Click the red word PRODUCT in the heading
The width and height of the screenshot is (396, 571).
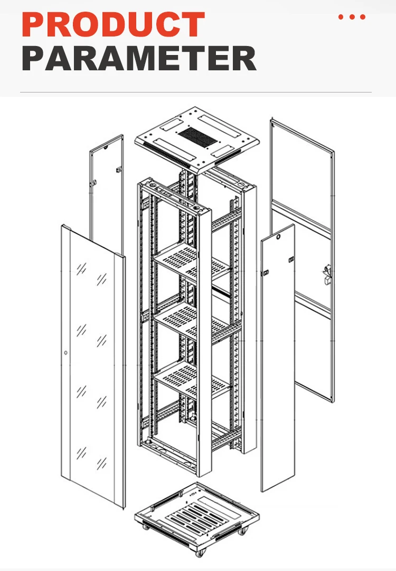(x=113, y=24)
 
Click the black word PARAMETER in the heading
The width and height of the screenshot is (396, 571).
(x=139, y=59)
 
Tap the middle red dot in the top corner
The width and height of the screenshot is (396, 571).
(x=352, y=17)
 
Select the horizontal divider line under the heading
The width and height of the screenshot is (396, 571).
(x=195, y=93)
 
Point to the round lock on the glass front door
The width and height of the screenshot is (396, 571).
(x=65, y=353)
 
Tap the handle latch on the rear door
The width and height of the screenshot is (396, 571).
(x=326, y=275)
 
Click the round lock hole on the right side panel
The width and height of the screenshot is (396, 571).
(x=278, y=238)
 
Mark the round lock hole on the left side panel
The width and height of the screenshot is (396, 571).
(x=106, y=148)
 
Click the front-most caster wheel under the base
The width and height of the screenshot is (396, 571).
(x=200, y=554)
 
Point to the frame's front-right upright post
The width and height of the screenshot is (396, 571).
(x=204, y=338)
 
